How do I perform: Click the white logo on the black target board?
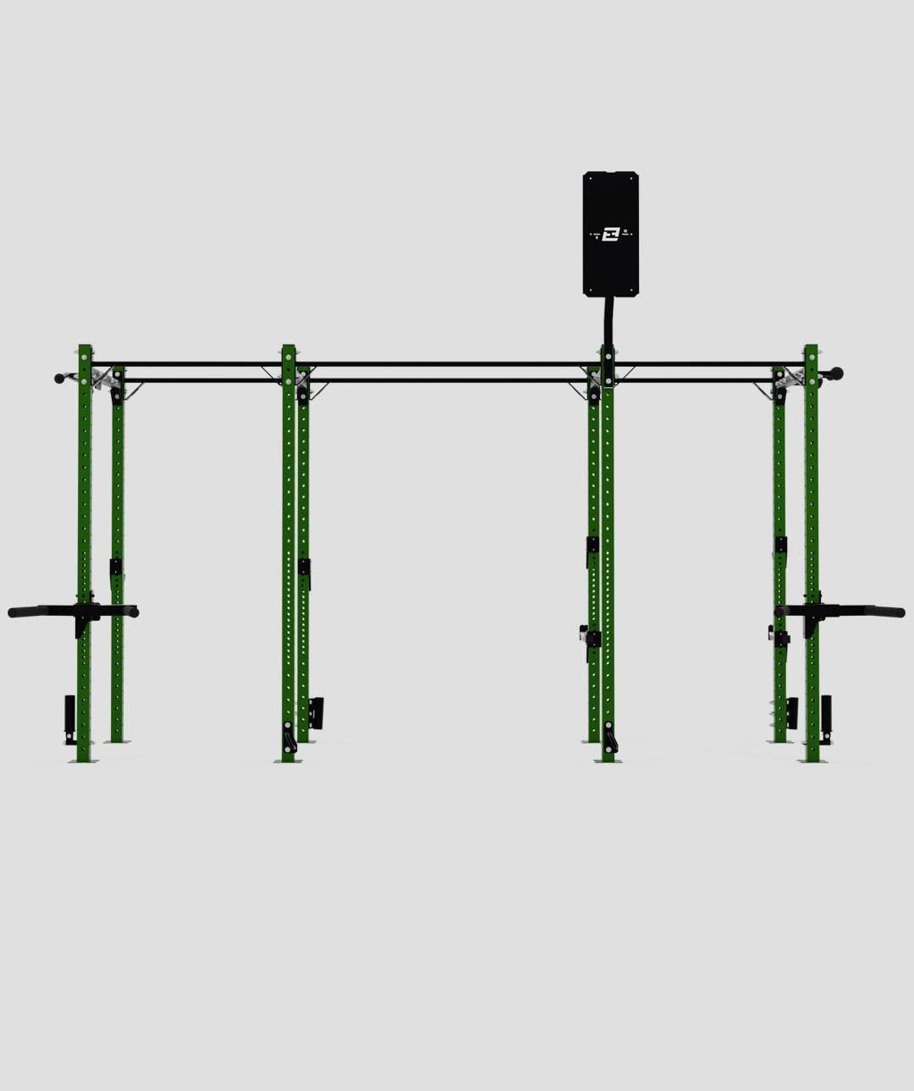coord(610,234)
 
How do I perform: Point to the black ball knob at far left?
coord(59,379)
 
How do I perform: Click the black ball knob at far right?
coord(837,373)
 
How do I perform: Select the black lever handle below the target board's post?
coord(611,739)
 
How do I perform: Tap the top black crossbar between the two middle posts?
coord(449,364)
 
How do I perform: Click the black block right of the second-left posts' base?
coord(317,712)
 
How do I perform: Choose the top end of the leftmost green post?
coord(85,347)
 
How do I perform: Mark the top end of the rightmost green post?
coord(811,347)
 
